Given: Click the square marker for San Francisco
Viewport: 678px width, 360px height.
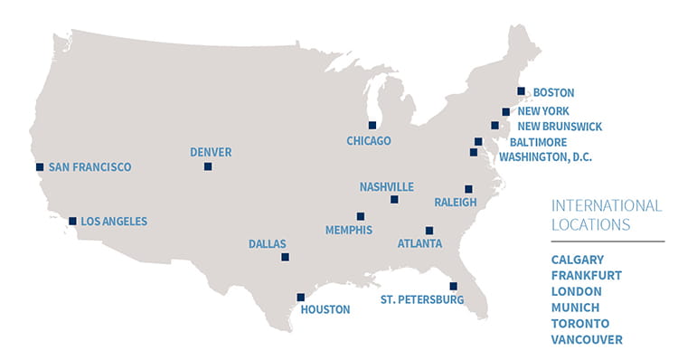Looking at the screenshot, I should pos(40,166).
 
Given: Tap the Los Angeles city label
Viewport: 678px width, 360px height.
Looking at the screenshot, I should pos(113,221).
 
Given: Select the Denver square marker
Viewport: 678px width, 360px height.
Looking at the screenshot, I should pos(208,166).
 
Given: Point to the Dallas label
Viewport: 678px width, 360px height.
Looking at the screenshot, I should pos(268,243).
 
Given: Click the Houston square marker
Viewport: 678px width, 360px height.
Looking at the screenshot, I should pos(300,297).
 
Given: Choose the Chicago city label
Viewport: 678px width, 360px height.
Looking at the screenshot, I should pos(369,140).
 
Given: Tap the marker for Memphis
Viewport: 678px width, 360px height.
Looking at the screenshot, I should pos(361,216).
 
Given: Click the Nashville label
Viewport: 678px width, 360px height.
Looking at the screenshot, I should pos(386,186).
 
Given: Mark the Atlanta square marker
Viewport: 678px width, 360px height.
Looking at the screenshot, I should pos(428,231).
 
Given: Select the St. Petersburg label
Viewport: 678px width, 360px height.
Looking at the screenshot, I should pos(422,299).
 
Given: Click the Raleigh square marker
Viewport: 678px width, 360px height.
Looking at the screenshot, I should pos(468,188).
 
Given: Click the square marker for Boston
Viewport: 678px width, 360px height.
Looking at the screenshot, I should pos(521,90).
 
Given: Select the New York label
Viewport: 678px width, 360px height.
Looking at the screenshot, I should pos(543,110).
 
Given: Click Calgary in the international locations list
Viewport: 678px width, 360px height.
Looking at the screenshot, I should pos(578,259).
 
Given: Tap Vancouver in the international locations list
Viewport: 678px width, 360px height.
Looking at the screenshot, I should pos(587,339).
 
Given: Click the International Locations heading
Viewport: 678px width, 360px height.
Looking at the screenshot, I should pos(594,213).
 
